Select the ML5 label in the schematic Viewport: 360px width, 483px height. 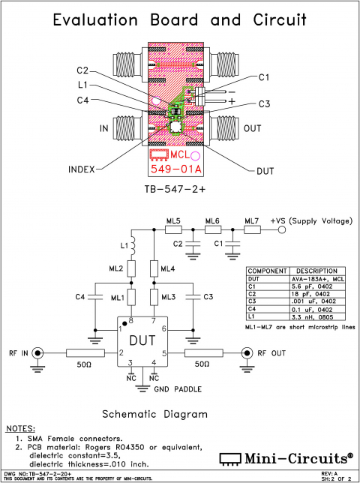tap(173, 220)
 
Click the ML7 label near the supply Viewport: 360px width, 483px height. tap(252, 220)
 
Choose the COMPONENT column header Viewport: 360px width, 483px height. tap(268, 271)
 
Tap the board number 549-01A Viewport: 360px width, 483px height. tap(174, 169)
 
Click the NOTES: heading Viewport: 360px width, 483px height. tap(24, 428)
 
